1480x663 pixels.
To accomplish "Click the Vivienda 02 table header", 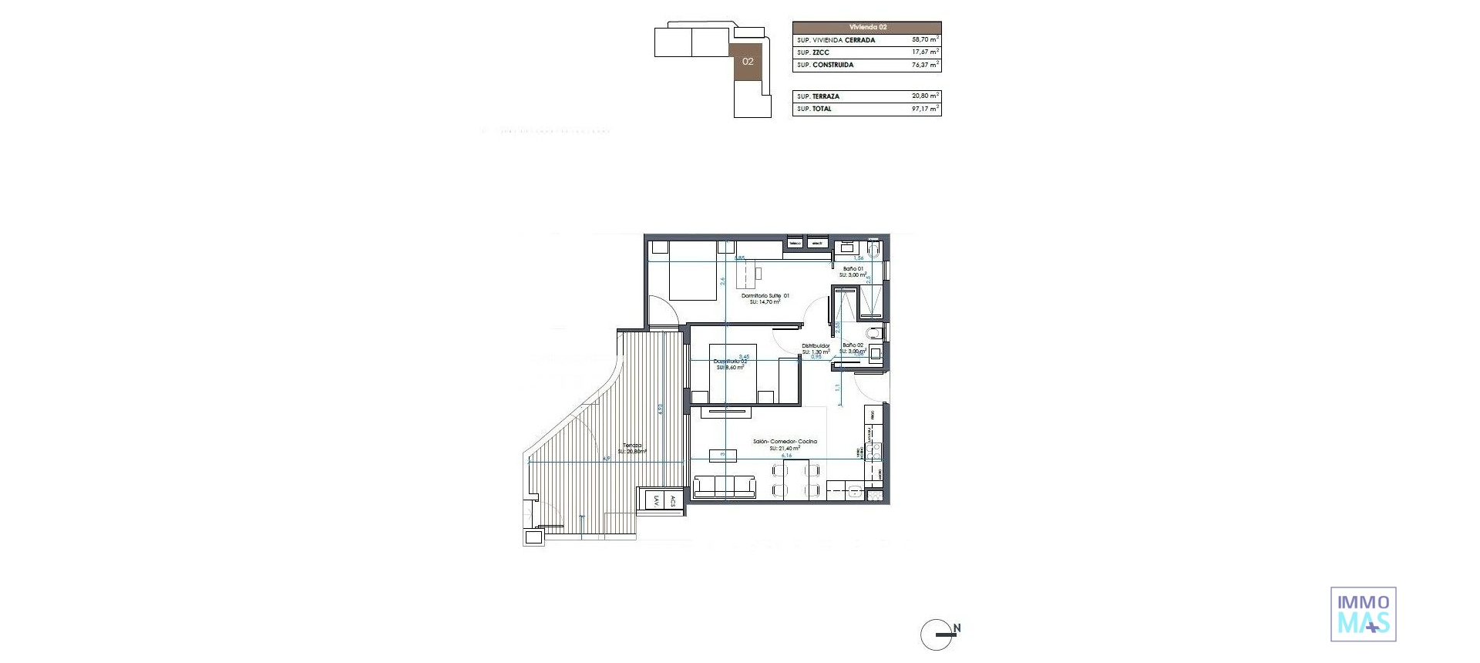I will point(866,27).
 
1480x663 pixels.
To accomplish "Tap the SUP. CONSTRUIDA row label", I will point(826,65).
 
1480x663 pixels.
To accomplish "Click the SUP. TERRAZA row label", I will point(819,96).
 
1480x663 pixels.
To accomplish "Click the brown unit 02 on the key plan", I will point(748,62).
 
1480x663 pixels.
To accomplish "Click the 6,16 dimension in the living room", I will point(786,456).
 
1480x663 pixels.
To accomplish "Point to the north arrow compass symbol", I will point(938,634).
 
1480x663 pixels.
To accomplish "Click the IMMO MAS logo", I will point(1363,614).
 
